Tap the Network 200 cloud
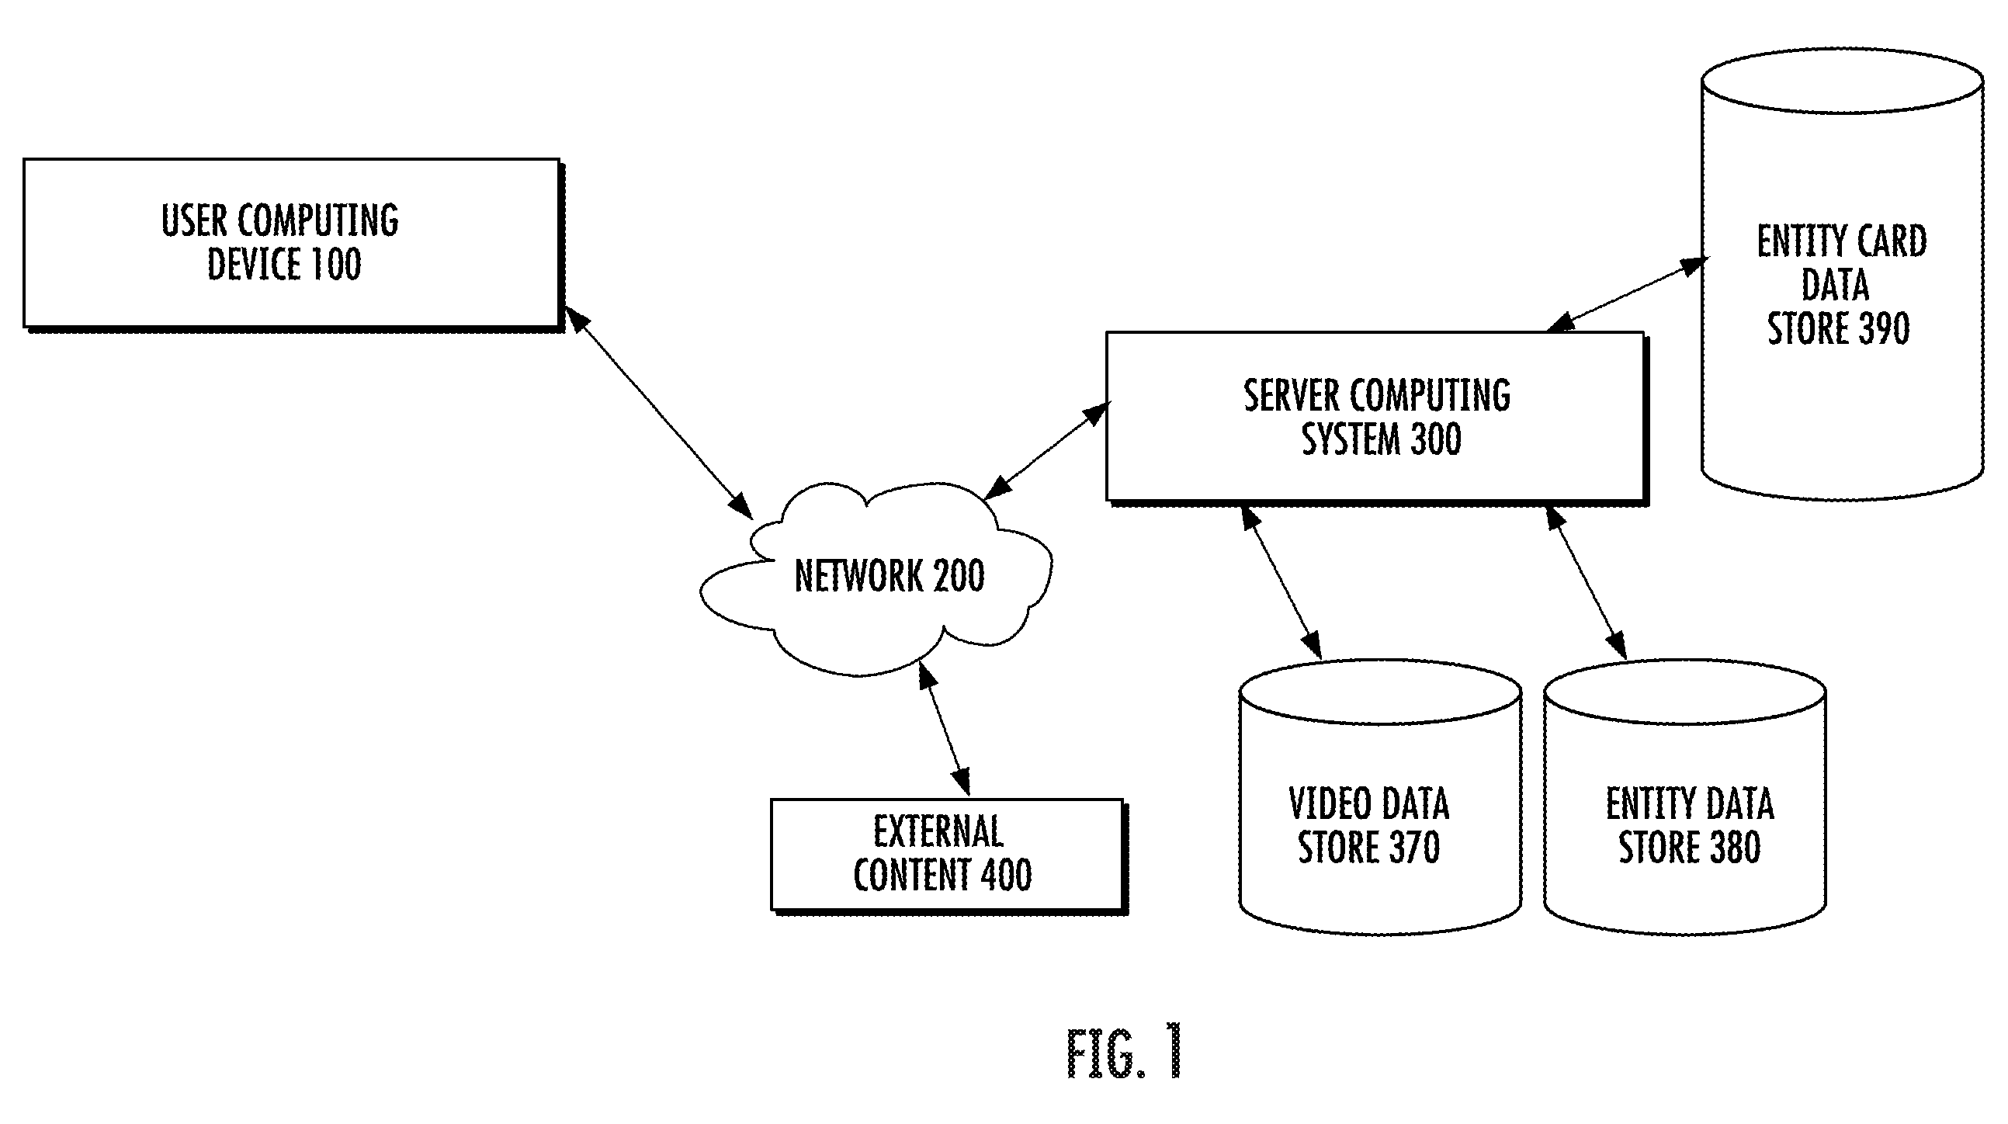(876, 578)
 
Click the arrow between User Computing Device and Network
(659, 412)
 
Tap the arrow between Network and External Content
(945, 730)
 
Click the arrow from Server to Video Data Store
(1281, 582)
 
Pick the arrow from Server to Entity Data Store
(1587, 582)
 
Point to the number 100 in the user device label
(336, 264)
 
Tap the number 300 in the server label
(1436, 439)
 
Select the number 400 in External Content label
(1006, 875)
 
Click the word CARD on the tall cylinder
(1891, 241)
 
